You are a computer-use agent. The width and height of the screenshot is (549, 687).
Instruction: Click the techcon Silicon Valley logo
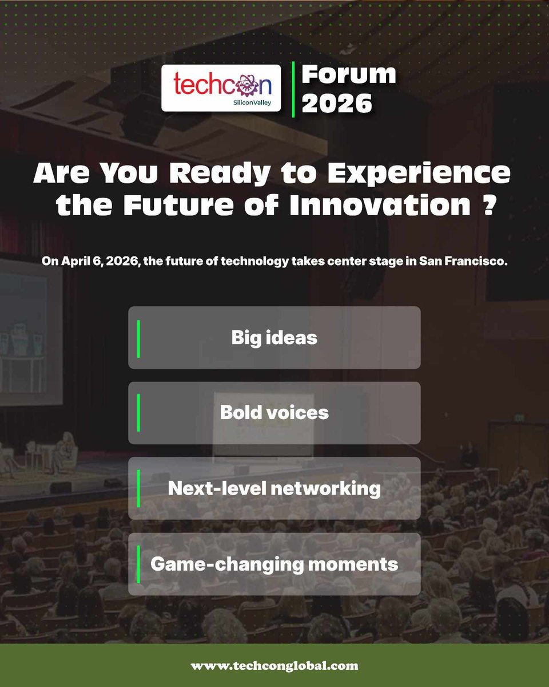221,88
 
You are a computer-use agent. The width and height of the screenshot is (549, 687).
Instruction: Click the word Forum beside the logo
349,74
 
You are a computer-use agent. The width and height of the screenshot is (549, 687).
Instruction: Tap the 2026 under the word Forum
337,104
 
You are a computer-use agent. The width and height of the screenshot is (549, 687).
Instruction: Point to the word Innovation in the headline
380,206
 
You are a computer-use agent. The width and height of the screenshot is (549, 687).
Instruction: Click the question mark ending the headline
487,206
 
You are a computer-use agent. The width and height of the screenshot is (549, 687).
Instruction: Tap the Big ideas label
274,338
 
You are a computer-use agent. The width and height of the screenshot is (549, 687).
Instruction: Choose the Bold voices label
274,413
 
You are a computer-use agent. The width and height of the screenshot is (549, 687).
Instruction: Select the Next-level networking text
274,488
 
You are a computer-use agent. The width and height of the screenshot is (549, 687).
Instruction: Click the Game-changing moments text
274,564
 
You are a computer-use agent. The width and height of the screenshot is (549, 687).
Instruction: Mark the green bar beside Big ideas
138,338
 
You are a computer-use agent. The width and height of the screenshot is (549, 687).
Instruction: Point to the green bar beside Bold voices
138,413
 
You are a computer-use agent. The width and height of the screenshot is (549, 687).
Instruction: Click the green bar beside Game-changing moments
138,564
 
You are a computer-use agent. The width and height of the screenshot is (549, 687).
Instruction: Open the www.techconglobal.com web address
274,666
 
